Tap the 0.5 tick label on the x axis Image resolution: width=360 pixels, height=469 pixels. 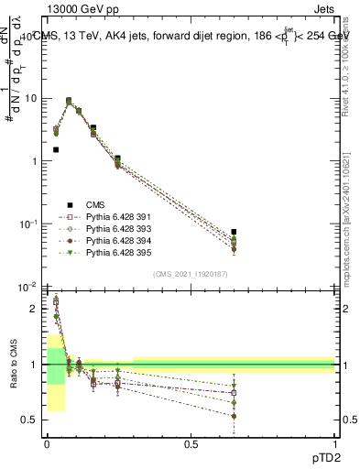pyautogui.click(x=191, y=444)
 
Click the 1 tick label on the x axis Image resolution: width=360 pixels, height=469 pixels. pyautogui.click(x=334, y=444)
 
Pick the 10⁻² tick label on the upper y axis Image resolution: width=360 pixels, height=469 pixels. pyautogui.click(x=29, y=287)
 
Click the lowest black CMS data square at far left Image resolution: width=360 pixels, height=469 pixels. pyautogui.click(x=56, y=149)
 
